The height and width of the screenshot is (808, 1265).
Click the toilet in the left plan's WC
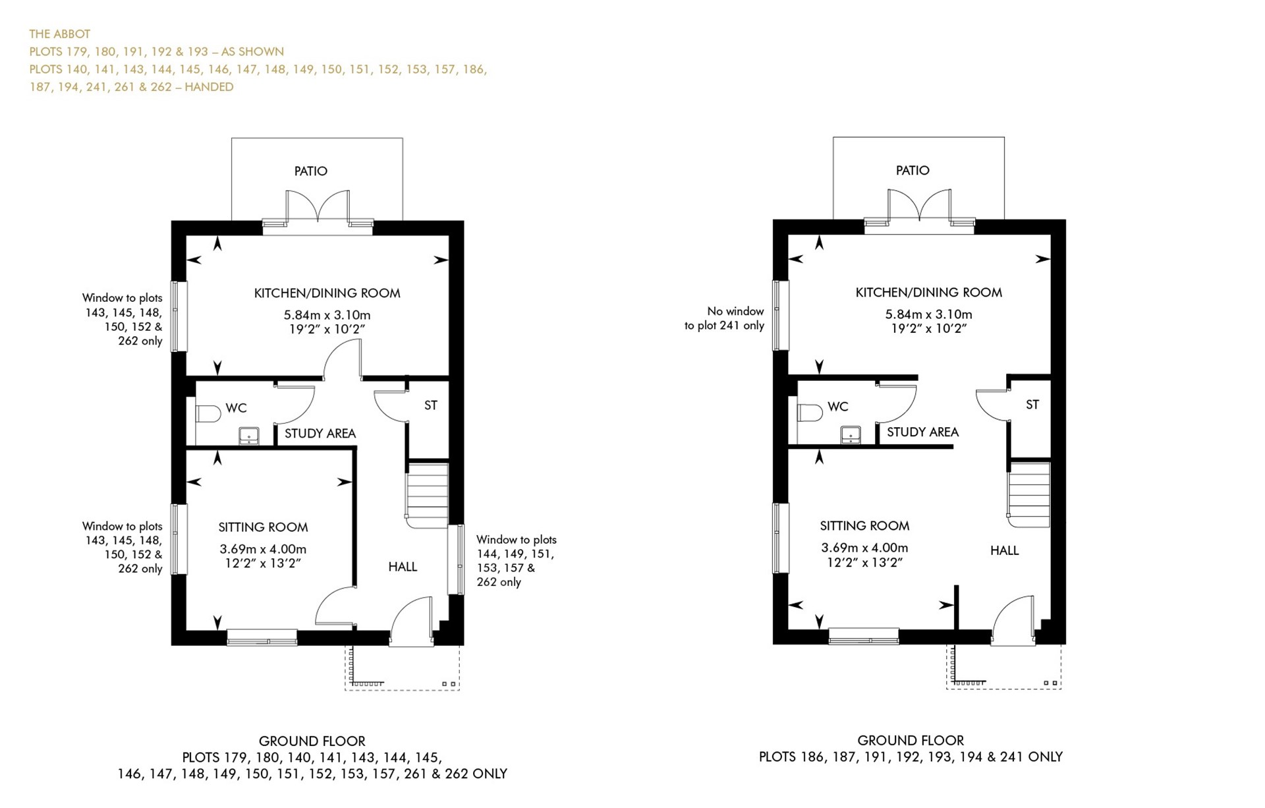208,414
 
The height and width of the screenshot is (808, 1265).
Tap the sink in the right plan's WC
851,435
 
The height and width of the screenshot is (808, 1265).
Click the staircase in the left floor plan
427,494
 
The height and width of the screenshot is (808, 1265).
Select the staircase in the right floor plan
1029,493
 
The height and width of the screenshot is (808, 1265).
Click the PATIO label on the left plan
310,171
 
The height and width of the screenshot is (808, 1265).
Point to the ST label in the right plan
1032,405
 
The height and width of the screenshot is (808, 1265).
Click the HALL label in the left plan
403,567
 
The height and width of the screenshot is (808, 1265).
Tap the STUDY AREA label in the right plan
922,432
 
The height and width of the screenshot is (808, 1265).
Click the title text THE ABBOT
60,34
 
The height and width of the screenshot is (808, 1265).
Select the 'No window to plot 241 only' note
725,318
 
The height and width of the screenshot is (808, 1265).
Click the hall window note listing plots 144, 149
516,561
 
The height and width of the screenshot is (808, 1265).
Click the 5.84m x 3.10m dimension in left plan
327,315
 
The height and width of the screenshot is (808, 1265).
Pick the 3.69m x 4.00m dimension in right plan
864,548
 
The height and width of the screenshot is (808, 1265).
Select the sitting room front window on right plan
863,636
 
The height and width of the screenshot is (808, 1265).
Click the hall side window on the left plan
455,560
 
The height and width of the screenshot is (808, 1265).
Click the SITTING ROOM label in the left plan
263,527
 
